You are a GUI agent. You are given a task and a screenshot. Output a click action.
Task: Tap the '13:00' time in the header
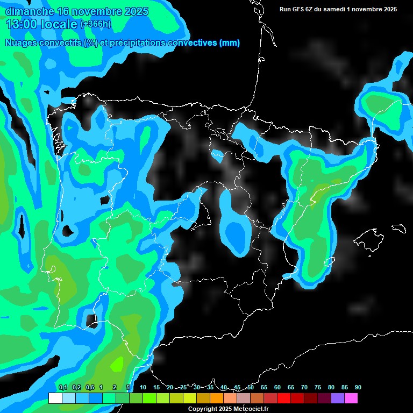click(19, 24)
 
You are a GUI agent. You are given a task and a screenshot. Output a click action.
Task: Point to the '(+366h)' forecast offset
click(95, 24)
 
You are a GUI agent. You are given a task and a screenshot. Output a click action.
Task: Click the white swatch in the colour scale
click(55, 398)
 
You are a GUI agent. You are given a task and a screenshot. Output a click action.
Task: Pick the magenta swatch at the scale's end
click(351, 398)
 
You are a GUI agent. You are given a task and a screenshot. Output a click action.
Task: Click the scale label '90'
click(358, 388)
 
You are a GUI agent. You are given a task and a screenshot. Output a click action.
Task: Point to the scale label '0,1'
click(63, 388)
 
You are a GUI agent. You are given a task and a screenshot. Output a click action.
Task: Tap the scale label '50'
click(251, 388)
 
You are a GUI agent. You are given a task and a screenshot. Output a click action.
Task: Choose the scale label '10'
click(143, 388)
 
